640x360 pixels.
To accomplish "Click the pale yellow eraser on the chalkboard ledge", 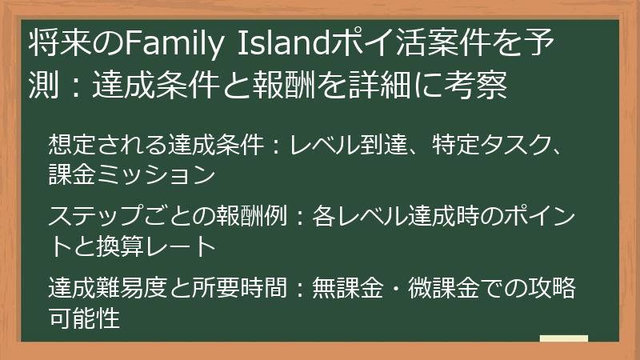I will [564, 339].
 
